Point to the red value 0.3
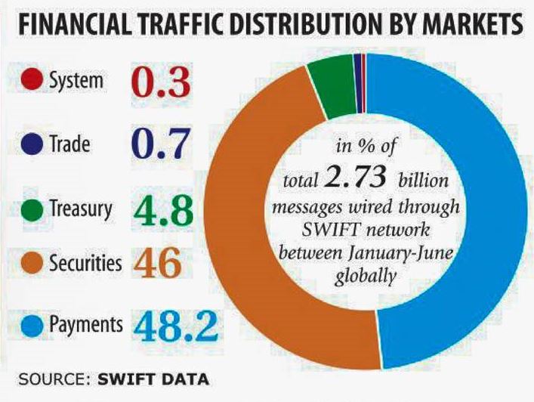point(160,82)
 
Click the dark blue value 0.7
point(160,144)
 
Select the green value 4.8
point(160,207)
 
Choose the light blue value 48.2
point(178,326)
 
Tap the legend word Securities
point(85,264)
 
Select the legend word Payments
point(85,325)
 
